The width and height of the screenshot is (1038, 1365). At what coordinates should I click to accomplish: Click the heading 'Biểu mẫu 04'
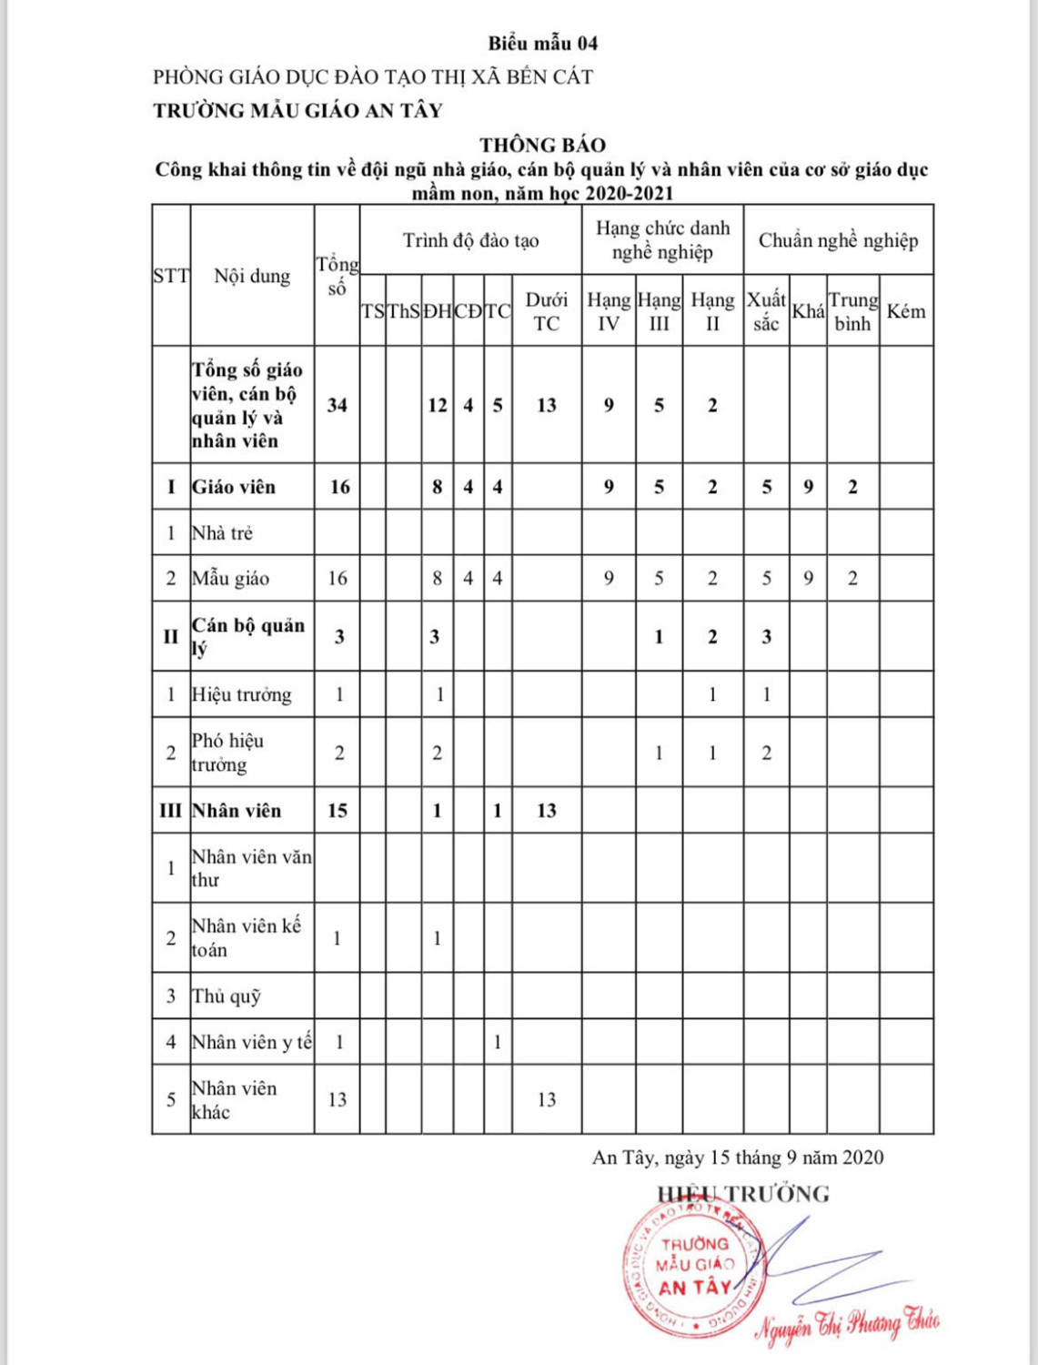click(542, 43)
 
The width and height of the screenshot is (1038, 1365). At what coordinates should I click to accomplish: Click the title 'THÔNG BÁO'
click(542, 145)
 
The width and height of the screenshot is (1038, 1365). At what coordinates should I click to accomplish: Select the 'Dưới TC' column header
click(546, 311)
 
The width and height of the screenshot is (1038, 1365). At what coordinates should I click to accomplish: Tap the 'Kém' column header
click(905, 311)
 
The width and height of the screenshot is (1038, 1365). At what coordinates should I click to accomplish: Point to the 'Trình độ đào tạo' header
click(470, 240)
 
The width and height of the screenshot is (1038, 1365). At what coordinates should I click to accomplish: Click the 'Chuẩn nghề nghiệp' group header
click(838, 240)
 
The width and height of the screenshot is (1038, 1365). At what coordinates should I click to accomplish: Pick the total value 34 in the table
click(337, 405)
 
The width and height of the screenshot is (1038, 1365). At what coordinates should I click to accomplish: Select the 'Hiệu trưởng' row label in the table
click(242, 694)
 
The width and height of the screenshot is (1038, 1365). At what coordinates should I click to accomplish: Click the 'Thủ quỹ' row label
click(227, 996)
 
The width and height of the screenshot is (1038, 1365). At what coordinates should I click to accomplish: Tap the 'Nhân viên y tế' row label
click(251, 1042)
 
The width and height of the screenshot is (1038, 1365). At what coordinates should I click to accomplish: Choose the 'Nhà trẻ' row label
click(222, 532)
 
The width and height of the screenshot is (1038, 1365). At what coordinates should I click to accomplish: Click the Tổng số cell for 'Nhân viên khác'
click(337, 1099)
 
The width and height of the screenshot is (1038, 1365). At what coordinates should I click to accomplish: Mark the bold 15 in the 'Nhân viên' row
click(337, 810)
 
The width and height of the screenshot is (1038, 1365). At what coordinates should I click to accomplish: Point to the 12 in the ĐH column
click(437, 405)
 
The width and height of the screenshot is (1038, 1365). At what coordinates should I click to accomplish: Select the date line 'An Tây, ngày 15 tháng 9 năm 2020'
click(737, 1158)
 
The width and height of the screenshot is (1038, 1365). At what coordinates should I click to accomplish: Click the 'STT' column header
click(171, 276)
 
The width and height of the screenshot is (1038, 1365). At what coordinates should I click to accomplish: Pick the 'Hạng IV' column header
click(608, 311)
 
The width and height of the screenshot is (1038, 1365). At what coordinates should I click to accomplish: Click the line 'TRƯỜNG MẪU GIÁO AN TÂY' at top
click(297, 111)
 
